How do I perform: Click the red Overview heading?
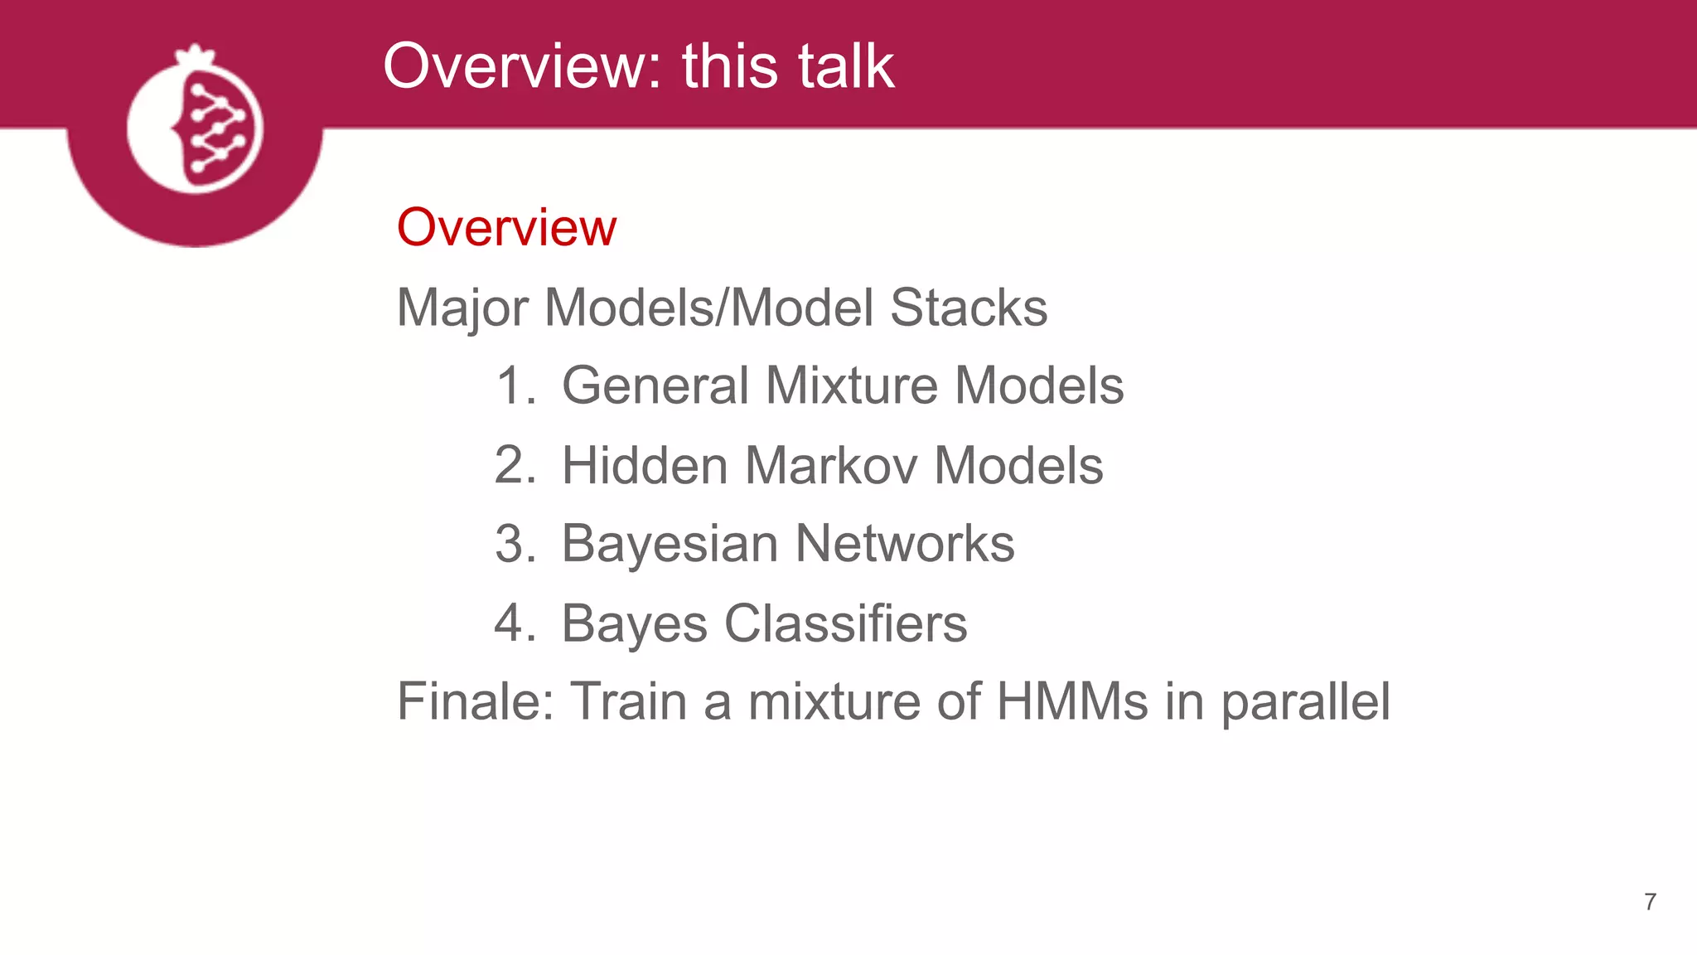pos(506,227)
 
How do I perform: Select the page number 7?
pos(1650,902)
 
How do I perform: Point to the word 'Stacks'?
pos(968,308)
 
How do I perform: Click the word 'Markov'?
pos(830,465)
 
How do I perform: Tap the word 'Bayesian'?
pos(670,544)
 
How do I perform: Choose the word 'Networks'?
pos(904,544)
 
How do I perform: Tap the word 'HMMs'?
pos(1072,701)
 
